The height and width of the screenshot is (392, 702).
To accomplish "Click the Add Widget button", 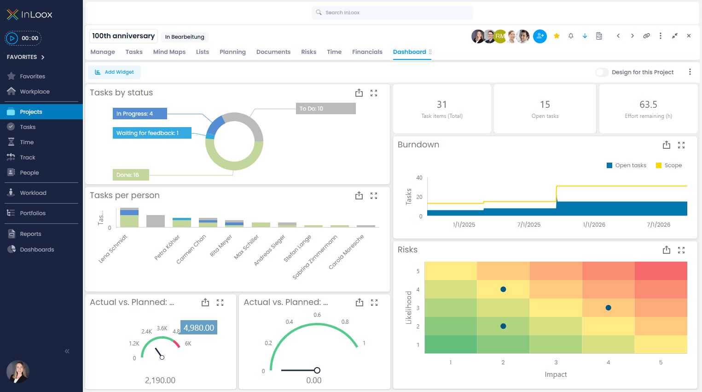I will click(115, 72).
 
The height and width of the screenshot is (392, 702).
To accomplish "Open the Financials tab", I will click(367, 52).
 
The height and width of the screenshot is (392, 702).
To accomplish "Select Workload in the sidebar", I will click(33, 193).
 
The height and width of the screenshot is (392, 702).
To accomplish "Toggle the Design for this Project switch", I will click(602, 72).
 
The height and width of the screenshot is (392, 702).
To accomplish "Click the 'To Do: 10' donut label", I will click(325, 109).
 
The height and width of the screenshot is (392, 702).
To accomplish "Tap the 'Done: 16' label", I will click(131, 175).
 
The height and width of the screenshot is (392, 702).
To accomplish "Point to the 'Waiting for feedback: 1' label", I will click(151, 133).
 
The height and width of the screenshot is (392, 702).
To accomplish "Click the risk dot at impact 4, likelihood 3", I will click(608, 308).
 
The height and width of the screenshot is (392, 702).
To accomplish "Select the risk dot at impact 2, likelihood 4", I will click(503, 289).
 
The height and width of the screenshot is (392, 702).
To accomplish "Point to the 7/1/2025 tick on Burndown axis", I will click(529, 225).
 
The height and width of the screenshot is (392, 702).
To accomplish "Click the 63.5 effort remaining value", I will click(648, 105).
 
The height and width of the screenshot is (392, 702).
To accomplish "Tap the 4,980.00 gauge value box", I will click(199, 328).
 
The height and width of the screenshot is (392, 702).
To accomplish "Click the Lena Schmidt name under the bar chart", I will click(112, 249).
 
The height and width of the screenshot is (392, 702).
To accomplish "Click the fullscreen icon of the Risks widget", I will click(681, 250).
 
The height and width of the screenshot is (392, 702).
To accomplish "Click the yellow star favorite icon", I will click(557, 36).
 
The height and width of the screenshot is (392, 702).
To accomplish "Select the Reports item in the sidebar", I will click(30, 234).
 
